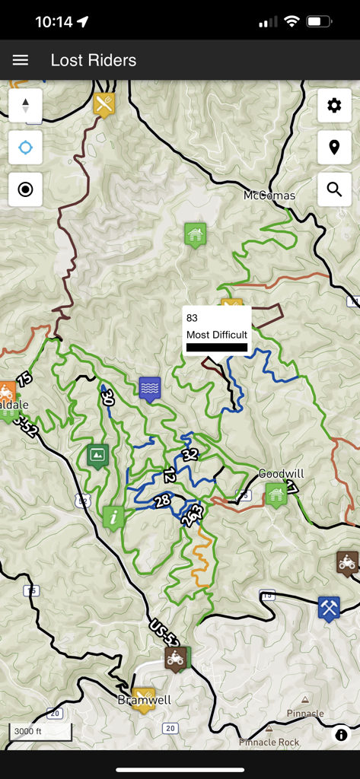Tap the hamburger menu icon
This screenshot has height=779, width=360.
coord(21,60)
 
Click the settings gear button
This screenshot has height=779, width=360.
coord(334,106)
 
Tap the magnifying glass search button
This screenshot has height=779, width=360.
coord(334,189)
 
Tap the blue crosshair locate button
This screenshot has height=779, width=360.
coord(26,148)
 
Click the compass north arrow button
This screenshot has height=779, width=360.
coord(26,106)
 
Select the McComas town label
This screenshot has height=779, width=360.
coord(269,196)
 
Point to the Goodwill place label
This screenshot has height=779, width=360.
coord(281,473)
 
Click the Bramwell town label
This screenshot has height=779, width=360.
coord(144,699)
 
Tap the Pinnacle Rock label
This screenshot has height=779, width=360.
coord(269,742)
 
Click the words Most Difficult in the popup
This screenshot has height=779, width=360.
coord(217,335)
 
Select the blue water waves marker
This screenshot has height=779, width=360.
coord(150,388)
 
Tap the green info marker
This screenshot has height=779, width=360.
coord(113,517)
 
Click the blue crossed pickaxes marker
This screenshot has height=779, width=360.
coord(329,607)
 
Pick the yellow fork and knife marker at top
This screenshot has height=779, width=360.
coord(105,103)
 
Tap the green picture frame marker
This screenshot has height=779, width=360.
coord(97,455)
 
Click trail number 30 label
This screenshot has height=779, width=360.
coord(107,396)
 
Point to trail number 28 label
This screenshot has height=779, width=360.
coord(161,501)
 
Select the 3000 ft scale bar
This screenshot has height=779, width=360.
coord(40,732)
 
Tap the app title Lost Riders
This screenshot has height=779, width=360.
coord(94,60)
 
